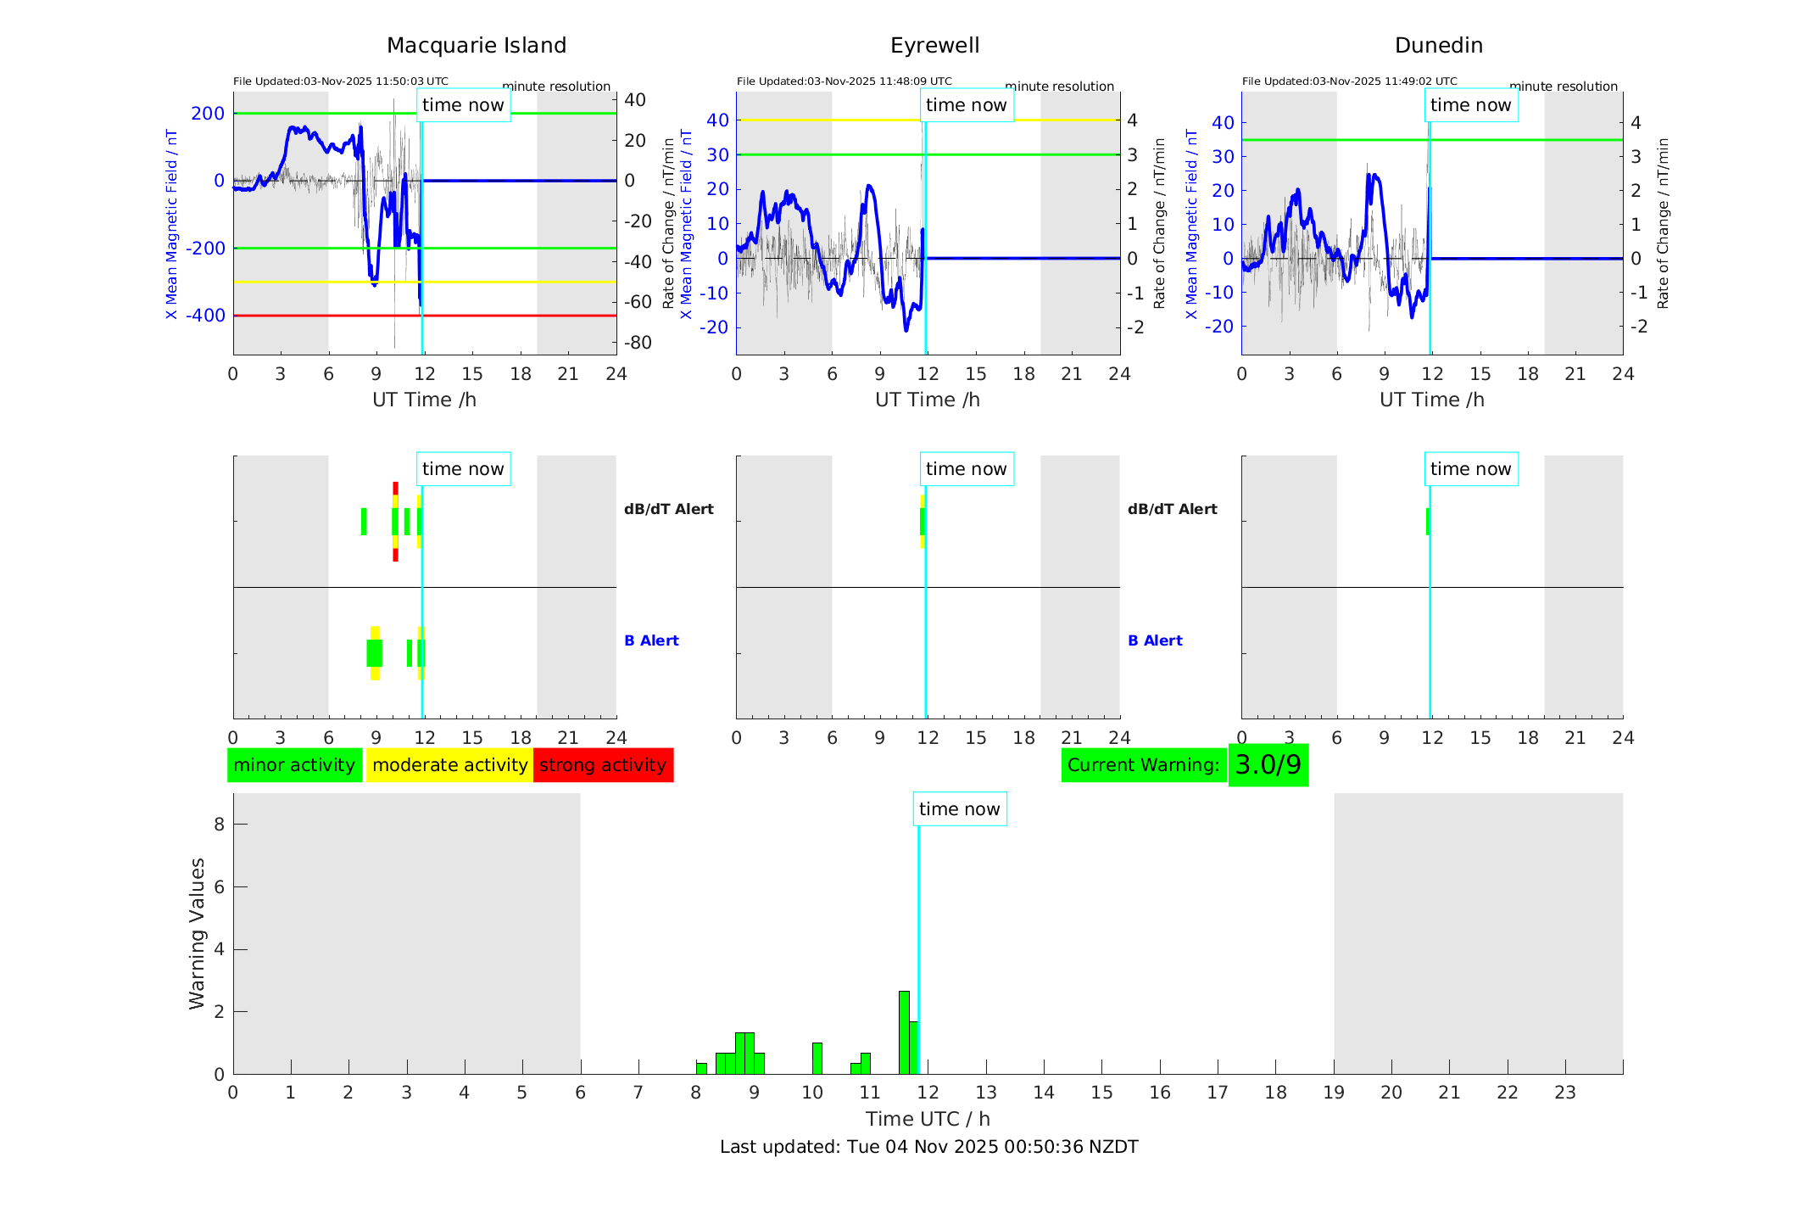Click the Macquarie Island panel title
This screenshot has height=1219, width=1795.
click(477, 45)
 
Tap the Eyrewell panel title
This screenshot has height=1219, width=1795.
click(934, 45)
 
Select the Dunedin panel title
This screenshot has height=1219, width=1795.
click(1438, 45)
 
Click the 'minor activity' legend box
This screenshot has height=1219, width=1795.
click(294, 765)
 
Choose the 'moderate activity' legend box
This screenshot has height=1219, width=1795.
click(449, 765)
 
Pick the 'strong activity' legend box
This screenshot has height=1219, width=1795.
click(603, 765)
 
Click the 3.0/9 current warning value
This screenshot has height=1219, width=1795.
click(1268, 765)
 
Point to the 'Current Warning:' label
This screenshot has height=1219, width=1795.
click(1143, 765)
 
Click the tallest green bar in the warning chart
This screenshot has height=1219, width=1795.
click(904, 1032)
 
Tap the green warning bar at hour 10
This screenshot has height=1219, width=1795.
click(817, 1059)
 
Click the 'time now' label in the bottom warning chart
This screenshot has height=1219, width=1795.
click(959, 809)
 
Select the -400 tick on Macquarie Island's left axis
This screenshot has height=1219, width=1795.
click(207, 316)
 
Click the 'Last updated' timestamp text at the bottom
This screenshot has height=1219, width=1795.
click(928, 1147)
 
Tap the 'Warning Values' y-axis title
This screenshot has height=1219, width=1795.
click(197, 933)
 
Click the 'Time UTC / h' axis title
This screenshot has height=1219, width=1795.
click(928, 1119)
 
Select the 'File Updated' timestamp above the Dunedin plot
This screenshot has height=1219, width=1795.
click(1349, 81)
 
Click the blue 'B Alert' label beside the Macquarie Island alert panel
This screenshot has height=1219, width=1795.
click(651, 640)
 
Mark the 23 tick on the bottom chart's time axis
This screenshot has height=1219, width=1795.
click(1564, 1093)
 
